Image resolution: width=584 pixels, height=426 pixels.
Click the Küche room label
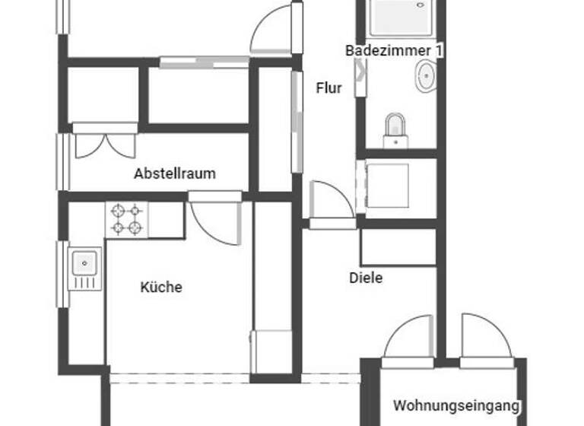coord(161,288)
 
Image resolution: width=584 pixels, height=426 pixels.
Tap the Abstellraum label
coord(174,173)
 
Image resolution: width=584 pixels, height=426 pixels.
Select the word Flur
coord(329,88)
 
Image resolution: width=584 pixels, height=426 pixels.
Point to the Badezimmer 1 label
coord(394,51)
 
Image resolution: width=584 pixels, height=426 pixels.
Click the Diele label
coord(366,278)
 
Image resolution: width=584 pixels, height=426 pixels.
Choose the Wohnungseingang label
coord(456,405)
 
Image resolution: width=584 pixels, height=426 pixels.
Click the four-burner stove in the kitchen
coord(127,219)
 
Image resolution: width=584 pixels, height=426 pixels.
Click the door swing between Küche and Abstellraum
coord(214,221)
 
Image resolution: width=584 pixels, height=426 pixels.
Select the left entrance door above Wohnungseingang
coord(411,339)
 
